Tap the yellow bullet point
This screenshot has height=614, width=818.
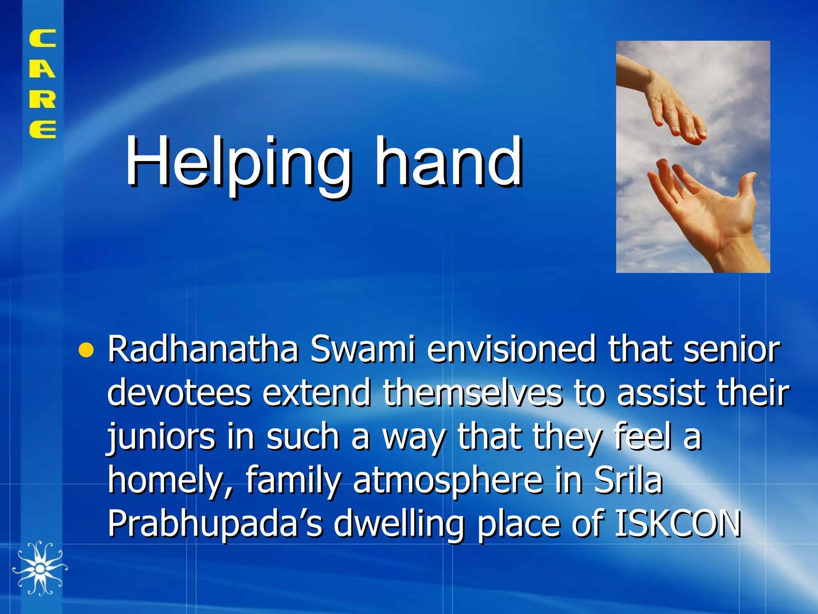[x=86, y=350]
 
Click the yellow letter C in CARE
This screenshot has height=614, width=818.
[x=42, y=39]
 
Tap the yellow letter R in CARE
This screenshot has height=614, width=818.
[x=42, y=99]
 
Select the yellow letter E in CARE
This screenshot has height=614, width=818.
[x=42, y=129]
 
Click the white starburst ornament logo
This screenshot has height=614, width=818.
[x=39, y=568]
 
